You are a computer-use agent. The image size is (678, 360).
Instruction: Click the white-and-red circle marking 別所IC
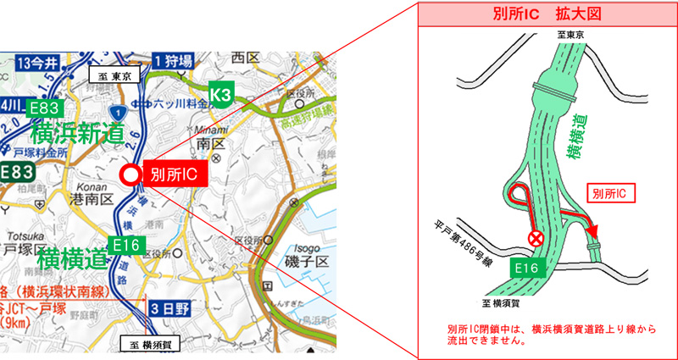[x=131, y=175]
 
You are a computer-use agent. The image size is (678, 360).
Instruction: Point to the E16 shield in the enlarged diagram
[x=525, y=269]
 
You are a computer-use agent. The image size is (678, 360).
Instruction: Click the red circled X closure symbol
[x=536, y=240]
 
